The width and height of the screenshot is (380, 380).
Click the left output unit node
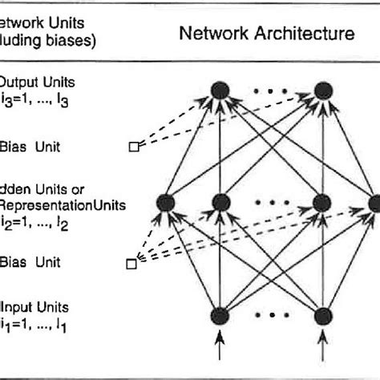click(x=218, y=89)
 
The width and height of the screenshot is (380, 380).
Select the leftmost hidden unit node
click(x=165, y=204)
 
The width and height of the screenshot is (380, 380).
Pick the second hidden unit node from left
click(x=218, y=203)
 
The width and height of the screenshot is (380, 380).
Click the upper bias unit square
click(x=134, y=146)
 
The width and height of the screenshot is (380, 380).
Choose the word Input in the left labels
click(x=17, y=307)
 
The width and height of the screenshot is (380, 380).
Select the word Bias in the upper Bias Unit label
click(x=14, y=146)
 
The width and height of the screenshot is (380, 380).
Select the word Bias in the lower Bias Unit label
click(x=14, y=261)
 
